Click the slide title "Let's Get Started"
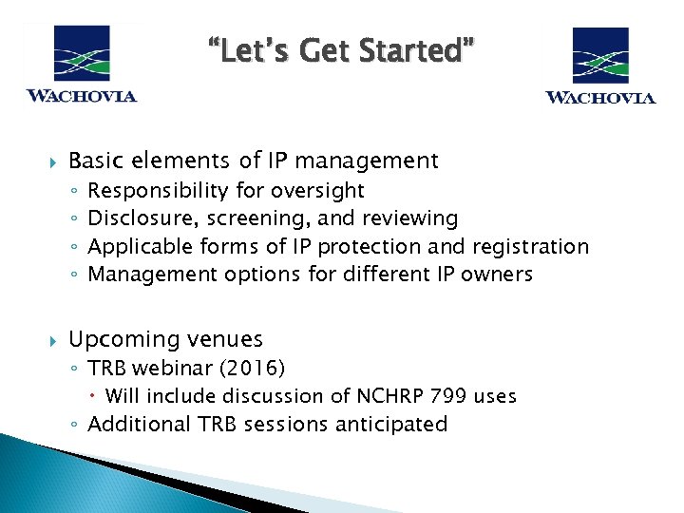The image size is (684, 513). point(342,48)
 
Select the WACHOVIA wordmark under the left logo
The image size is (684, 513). point(81,95)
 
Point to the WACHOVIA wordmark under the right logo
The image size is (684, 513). point(599,97)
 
